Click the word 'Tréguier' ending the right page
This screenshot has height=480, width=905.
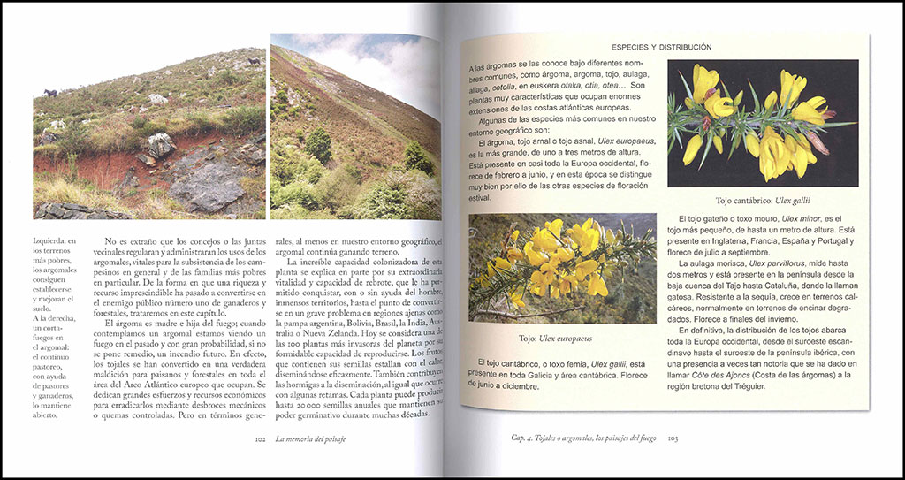[810, 387]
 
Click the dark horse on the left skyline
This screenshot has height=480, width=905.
[49, 93]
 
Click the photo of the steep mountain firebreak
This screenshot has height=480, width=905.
[355, 126]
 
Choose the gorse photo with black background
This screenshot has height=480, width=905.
[762, 124]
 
